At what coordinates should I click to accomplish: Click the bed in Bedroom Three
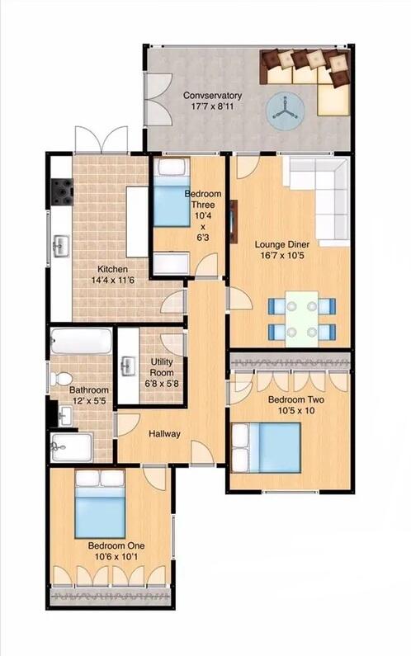(173, 195)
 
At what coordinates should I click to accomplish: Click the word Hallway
(164, 434)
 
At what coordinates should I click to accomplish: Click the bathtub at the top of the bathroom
(80, 341)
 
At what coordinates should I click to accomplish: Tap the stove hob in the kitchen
(62, 193)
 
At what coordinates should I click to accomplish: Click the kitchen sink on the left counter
(60, 245)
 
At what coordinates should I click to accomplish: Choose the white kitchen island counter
(136, 220)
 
